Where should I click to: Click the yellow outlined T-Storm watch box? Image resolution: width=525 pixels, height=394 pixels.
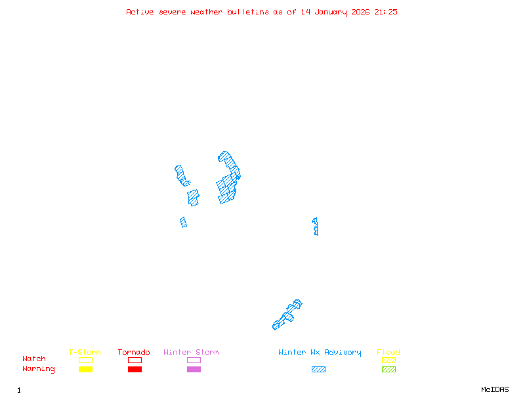coord(85,360)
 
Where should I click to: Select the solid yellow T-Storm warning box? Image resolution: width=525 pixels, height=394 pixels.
coord(85,370)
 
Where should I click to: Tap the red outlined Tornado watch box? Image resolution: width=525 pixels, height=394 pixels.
coord(135,360)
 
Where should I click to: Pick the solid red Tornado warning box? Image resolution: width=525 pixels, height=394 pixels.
coord(135,370)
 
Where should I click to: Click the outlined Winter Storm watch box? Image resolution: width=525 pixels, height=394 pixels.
coord(194,360)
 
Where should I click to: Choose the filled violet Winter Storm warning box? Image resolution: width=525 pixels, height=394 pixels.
coord(194,370)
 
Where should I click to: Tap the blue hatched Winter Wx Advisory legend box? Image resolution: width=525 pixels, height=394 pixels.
coord(318,370)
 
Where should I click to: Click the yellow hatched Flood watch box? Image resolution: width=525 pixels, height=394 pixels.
coord(388,360)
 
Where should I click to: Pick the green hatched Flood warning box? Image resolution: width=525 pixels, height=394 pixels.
coord(388,370)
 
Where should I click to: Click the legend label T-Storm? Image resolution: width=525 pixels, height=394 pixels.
coord(85,353)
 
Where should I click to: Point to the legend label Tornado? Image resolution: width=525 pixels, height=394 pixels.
coord(134,353)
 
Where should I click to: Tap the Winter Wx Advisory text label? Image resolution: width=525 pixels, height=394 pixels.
coord(320,353)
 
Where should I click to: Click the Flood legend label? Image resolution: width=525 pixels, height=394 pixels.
coord(388,353)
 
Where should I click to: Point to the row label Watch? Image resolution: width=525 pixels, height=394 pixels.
coord(34,359)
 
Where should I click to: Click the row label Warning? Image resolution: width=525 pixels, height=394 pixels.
coord(39,369)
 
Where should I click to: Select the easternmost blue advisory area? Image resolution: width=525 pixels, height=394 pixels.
coord(316,227)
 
